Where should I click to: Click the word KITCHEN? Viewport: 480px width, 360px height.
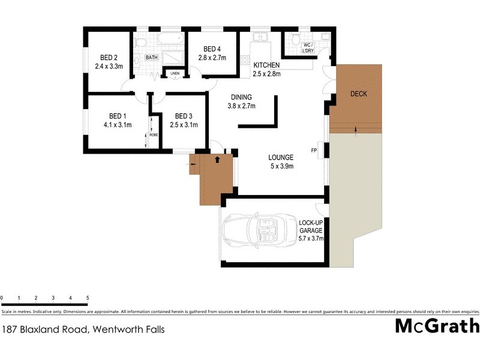pyautogui.click(x=267, y=65)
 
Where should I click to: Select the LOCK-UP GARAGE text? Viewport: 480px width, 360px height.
pyautogui.click(x=311, y=226)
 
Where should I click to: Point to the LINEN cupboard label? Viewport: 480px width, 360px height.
pyautogui.click(x=175, y=74)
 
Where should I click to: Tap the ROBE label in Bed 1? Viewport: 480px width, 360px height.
pyautogui.click(x=154, y=135)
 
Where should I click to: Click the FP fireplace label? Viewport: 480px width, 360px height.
pyautogui.click(x=313, y=150)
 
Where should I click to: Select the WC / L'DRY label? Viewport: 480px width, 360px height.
pyautogui.click(x=308, y=47)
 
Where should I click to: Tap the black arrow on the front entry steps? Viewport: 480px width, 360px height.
pyautogui.click(x=217, y=159)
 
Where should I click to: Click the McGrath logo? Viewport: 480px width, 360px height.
pyautogui.click(x=437, y=326)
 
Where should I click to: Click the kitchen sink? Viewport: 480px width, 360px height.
pyautogui.click(x=261, y=38)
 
